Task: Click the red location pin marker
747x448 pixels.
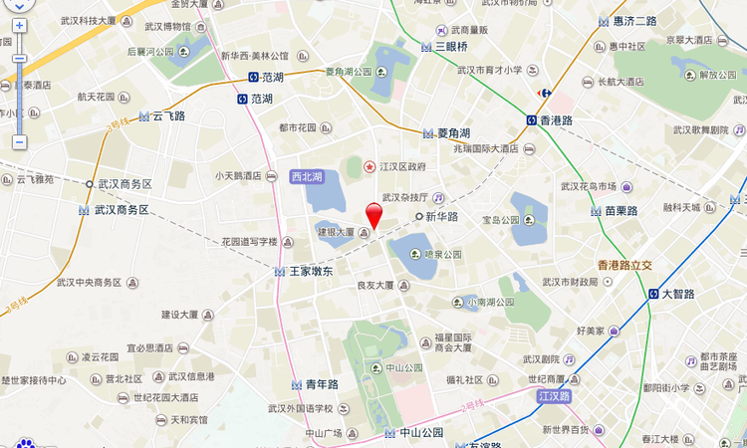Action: (373, 215)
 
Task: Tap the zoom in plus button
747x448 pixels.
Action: (19, 25)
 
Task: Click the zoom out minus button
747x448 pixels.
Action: (19, 142)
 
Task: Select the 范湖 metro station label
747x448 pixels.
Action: (261, 99)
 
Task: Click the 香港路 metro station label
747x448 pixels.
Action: (556, 120)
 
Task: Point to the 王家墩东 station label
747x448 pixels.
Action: (312, 271)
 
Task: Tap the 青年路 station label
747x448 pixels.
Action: (322, 384)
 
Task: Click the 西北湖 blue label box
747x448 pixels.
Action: (307, 176)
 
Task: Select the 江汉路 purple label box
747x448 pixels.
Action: (553, 396)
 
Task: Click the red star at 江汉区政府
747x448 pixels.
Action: (370, 166)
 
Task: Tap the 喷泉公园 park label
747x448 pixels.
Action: (442, 255)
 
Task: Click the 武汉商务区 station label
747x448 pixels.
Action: (122, 210)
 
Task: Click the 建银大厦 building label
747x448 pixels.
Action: (337, 232)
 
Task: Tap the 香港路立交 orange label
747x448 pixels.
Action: (624, 265)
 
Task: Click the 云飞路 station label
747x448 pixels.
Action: (168, 115)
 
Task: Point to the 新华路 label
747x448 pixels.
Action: (441, 216)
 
